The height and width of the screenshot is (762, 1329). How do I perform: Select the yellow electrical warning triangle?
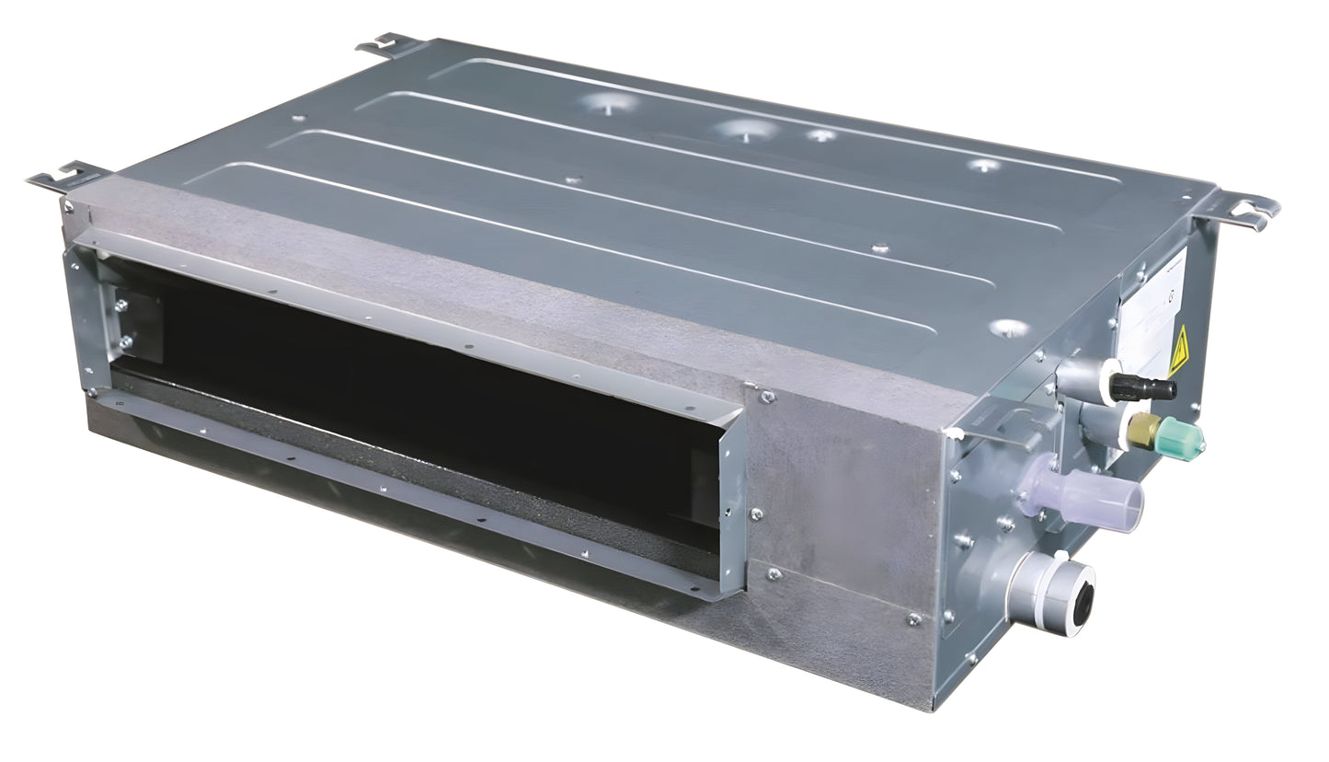pos(1179,352)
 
